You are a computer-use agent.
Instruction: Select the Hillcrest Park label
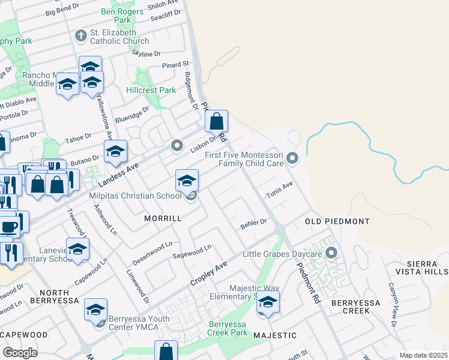(x=151, y=90)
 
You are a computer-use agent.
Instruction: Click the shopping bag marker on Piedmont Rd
(x=216, y=121)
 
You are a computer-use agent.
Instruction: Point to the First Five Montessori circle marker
(x=292, y=158)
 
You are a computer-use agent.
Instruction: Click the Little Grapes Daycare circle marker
(x=331, y=253)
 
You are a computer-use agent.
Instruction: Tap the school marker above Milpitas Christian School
(x=187, y=180)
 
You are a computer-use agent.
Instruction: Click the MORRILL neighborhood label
(x=163, y=219)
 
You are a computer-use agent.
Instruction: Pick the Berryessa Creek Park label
(x=228, y=328)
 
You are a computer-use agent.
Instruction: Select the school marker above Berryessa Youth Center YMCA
(x=95, y=310)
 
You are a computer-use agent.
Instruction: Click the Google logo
(x=20, y=353)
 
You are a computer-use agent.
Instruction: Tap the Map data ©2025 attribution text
(x=423, y=355)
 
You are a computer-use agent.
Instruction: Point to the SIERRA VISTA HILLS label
(x=423, y=268)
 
